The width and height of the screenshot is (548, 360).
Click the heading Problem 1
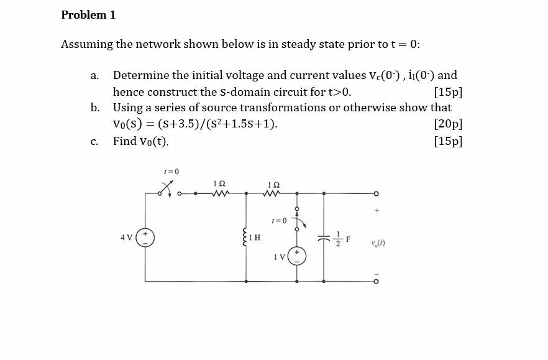[x=88, y=15]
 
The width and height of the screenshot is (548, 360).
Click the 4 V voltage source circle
[x=145, y=238]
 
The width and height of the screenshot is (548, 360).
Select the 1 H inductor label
[x=255, y=238]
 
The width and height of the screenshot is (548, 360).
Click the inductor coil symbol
[x=246, y=237]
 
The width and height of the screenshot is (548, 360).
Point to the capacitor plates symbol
[x=324, y=238]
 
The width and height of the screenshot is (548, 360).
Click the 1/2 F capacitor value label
[x=343, y=238]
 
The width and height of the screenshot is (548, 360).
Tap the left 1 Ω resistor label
[x=219, y=184]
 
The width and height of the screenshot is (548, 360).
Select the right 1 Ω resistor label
[x=273, y=185]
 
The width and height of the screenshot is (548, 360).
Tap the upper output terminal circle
[x=375, y=193]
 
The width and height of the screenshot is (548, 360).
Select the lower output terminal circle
[x=375, y=281]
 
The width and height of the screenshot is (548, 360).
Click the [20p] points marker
[x=449, y=124]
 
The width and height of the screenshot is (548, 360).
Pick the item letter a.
[x=94, y=76]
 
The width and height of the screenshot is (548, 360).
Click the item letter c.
[x=94, y=142]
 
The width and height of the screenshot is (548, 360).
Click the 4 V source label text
[x=126, y=238]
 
